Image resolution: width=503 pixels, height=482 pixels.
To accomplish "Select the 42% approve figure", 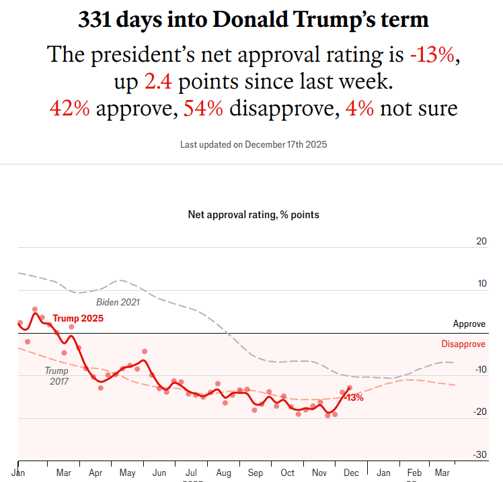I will (x=70, y=108).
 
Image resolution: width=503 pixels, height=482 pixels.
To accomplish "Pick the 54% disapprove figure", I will (x=204, y=108).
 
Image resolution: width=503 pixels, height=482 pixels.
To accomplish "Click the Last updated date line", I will (x=254, y=144).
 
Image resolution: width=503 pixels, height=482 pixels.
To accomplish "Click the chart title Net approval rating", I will (x=254, y=215).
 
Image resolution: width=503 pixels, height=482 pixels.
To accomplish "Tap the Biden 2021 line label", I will (x=118, y=302).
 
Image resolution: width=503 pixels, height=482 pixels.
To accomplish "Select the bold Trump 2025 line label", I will (x=78, y=318).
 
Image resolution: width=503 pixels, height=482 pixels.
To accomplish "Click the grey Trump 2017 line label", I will (x=56, y=375).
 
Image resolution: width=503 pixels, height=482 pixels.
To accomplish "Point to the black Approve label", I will (x=469, y=324).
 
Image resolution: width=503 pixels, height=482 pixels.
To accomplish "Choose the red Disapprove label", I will (x=463, y=344).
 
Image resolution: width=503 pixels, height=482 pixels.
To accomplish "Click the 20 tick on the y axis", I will (x=481, y=241).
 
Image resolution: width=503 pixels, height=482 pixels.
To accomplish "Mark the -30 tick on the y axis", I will (x=479, y=455).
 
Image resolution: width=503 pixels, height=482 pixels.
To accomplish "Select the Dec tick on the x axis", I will (x=351, y=473).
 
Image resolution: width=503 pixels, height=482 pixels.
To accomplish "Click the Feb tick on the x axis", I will (x=414, y=473).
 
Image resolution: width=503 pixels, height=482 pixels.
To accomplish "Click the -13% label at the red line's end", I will (x=354, y=397).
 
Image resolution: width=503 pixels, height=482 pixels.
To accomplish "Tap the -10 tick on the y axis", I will (x=479, y=369).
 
